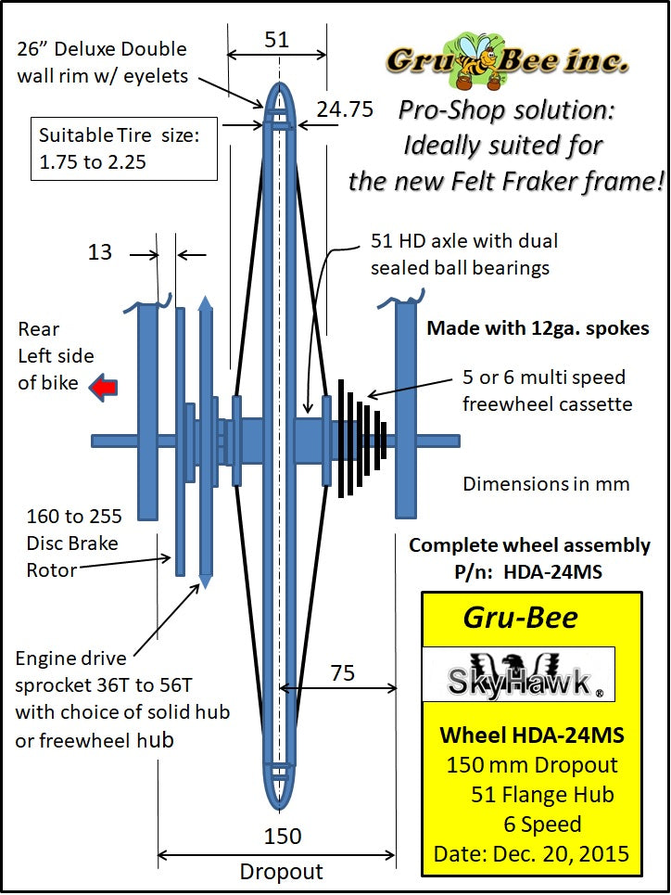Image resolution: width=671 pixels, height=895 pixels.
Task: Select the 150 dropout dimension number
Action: [x=282, y=836]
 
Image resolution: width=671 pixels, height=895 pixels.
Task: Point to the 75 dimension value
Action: [x=343, y=672]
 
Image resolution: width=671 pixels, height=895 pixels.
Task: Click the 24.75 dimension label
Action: [x=345, y=109]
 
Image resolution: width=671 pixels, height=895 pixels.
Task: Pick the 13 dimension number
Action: [x=100, y=251]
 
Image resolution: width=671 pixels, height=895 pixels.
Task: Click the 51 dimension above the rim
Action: [x=276, y=39]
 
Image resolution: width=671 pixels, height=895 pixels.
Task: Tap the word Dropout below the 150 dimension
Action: [x=281, y=871]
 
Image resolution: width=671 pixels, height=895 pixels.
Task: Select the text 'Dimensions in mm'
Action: [x=547, y=483]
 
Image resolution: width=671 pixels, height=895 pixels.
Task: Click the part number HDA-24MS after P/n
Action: [x=552, y=572]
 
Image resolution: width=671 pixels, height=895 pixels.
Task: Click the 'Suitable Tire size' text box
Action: [x=125, y=147]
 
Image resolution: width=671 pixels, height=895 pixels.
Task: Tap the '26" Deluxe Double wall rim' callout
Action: [x=102, y=61]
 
